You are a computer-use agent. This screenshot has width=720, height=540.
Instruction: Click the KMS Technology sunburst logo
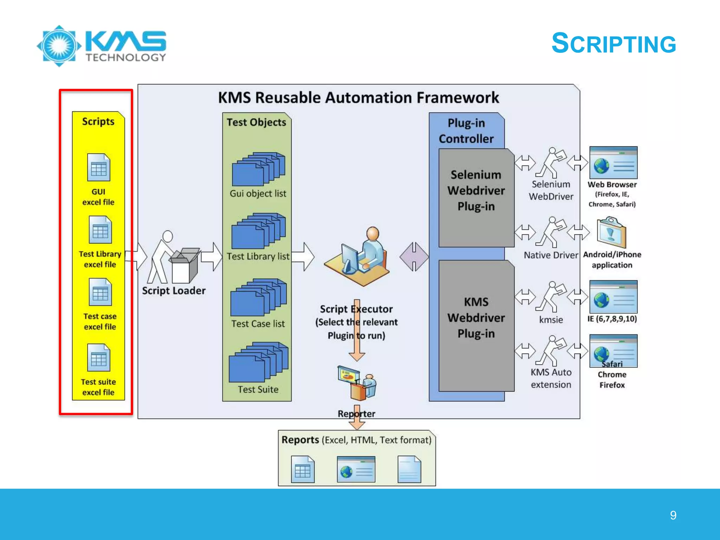tap(59, 46)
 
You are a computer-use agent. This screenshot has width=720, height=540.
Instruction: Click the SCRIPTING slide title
tap(613, 44)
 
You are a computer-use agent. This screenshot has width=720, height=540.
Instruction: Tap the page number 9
tap(673, 515)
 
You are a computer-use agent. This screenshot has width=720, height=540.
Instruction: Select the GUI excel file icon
tap(99, 167)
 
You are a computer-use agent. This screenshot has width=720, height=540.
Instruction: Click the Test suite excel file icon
tap(99, 358)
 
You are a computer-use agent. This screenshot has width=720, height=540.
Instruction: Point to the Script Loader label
tap(174, 291)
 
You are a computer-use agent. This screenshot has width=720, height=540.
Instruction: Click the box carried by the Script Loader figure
tap(184, 266)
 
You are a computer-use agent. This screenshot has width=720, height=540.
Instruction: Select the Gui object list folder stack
tap(258, 169)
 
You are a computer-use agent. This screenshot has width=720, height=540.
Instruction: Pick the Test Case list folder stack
tap(258, 297)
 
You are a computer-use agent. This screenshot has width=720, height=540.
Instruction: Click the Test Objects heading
tap(256, 122)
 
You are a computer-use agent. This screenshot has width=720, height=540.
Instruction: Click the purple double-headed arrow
tap(414, 257)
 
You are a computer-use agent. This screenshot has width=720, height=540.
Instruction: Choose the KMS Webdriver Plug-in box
tap(476, 325)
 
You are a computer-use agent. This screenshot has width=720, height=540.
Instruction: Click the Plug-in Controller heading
tap(466, 131)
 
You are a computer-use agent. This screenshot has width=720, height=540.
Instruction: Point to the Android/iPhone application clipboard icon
tap(611, 232)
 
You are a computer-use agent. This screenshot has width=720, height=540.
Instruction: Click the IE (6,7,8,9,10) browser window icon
tap(613, 297)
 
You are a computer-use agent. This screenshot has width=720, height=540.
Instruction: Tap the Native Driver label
tap(551, 255)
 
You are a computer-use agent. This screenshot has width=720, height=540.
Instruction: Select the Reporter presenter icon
tap(356, 383)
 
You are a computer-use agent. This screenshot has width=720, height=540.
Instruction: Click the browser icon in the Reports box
tap(356, 469)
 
